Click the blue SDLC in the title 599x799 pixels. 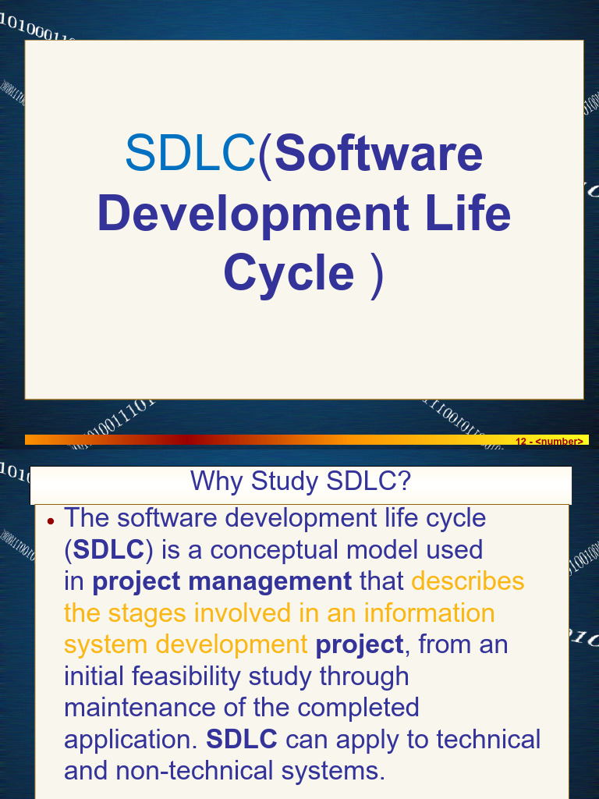click(190, 153)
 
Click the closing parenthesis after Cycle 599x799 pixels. click(377, 273)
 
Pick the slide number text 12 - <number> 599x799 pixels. click(549, 442)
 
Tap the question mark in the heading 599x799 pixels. click(402, 481)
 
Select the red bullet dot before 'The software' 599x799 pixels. click(51, 520)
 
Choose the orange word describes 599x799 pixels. click(467, 581)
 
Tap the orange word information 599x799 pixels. click(428, 613)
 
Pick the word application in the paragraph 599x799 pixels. click(129, 740)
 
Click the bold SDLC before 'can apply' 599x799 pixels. click(241, 740)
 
